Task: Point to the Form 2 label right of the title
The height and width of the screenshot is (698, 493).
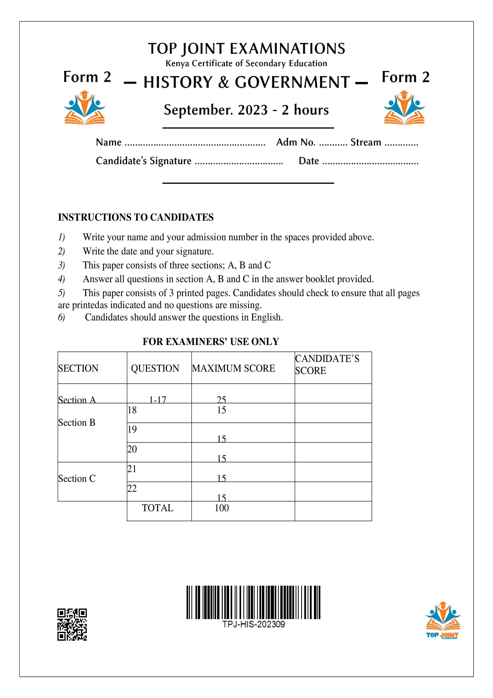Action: point(406,77)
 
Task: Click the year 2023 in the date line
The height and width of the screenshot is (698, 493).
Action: point(253,110)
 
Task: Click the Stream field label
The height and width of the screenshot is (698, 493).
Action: point(366,142)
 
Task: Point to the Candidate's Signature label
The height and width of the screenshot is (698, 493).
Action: point(144,161)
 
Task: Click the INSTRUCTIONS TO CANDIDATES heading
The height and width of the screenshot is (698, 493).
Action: point(136,217)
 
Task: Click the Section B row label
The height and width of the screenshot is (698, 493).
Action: point(77,423)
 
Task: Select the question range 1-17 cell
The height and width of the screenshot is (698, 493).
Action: point(158,399)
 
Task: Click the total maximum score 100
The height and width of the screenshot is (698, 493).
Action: point(221,508)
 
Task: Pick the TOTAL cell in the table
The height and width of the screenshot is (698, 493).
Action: point(158,508)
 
